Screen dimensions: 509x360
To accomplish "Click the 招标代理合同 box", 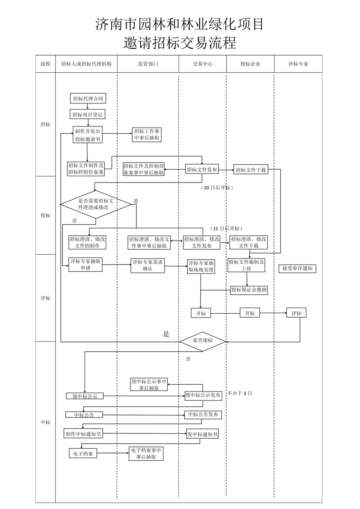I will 88,99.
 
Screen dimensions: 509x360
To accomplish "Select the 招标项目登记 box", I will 88,115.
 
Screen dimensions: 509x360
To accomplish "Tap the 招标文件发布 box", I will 202,170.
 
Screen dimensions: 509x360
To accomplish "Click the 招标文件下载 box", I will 251,170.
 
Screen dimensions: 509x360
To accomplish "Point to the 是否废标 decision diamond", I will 202,341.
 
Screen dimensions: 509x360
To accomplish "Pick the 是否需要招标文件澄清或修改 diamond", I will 96,204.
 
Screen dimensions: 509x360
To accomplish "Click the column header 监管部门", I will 148,64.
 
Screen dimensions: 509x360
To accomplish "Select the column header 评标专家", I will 298,64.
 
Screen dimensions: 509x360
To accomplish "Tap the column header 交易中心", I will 202,64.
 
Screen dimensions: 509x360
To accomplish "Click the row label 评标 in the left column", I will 45,298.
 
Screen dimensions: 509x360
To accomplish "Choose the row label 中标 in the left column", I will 45,422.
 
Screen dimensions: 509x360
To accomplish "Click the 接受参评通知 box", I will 298,269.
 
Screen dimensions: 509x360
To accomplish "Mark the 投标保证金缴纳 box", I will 249,290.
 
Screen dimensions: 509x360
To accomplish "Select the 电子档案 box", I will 83,453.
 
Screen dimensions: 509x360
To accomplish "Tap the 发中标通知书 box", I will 203,434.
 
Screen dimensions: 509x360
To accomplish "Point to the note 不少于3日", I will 240,393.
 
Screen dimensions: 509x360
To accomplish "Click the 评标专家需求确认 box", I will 148,265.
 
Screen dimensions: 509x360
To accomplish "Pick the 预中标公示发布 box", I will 203,395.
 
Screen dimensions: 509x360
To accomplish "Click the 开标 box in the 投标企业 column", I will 250,313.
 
